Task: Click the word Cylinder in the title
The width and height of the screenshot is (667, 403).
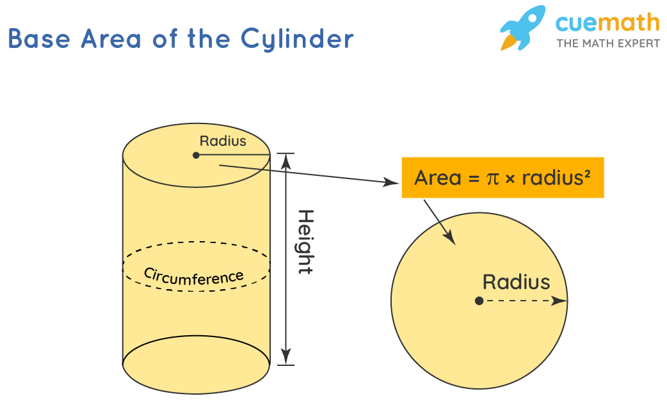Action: (x=297, y=40)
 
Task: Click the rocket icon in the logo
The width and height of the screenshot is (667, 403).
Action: (x=521, y=29)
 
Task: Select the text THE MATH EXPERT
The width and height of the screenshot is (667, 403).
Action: (x=607, y=43)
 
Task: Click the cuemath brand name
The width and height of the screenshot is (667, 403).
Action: (x=607, y=23)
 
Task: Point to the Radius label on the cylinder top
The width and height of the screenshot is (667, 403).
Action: (x=223, y=141)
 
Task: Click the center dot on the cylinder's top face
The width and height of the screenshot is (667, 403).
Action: (x=196, y=155)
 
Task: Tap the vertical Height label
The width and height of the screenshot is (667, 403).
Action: (x=306, y=242)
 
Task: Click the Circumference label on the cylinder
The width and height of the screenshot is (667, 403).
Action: (x=193, y=275)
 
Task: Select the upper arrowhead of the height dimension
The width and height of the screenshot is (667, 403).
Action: (x=286, y=159)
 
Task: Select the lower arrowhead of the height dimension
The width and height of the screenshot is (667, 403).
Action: (x=286, y=358)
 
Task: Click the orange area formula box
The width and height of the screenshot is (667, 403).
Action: (x=502, y=177)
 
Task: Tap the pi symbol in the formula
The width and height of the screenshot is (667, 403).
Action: (x=492, y=178)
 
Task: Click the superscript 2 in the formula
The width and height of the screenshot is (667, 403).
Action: (x=586, y=173)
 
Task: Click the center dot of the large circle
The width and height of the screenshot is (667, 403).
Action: (x=479, y=301)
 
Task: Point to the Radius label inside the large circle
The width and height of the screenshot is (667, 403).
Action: (x=516, y=282)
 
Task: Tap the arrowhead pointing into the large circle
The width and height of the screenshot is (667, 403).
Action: (x=451, y=239)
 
